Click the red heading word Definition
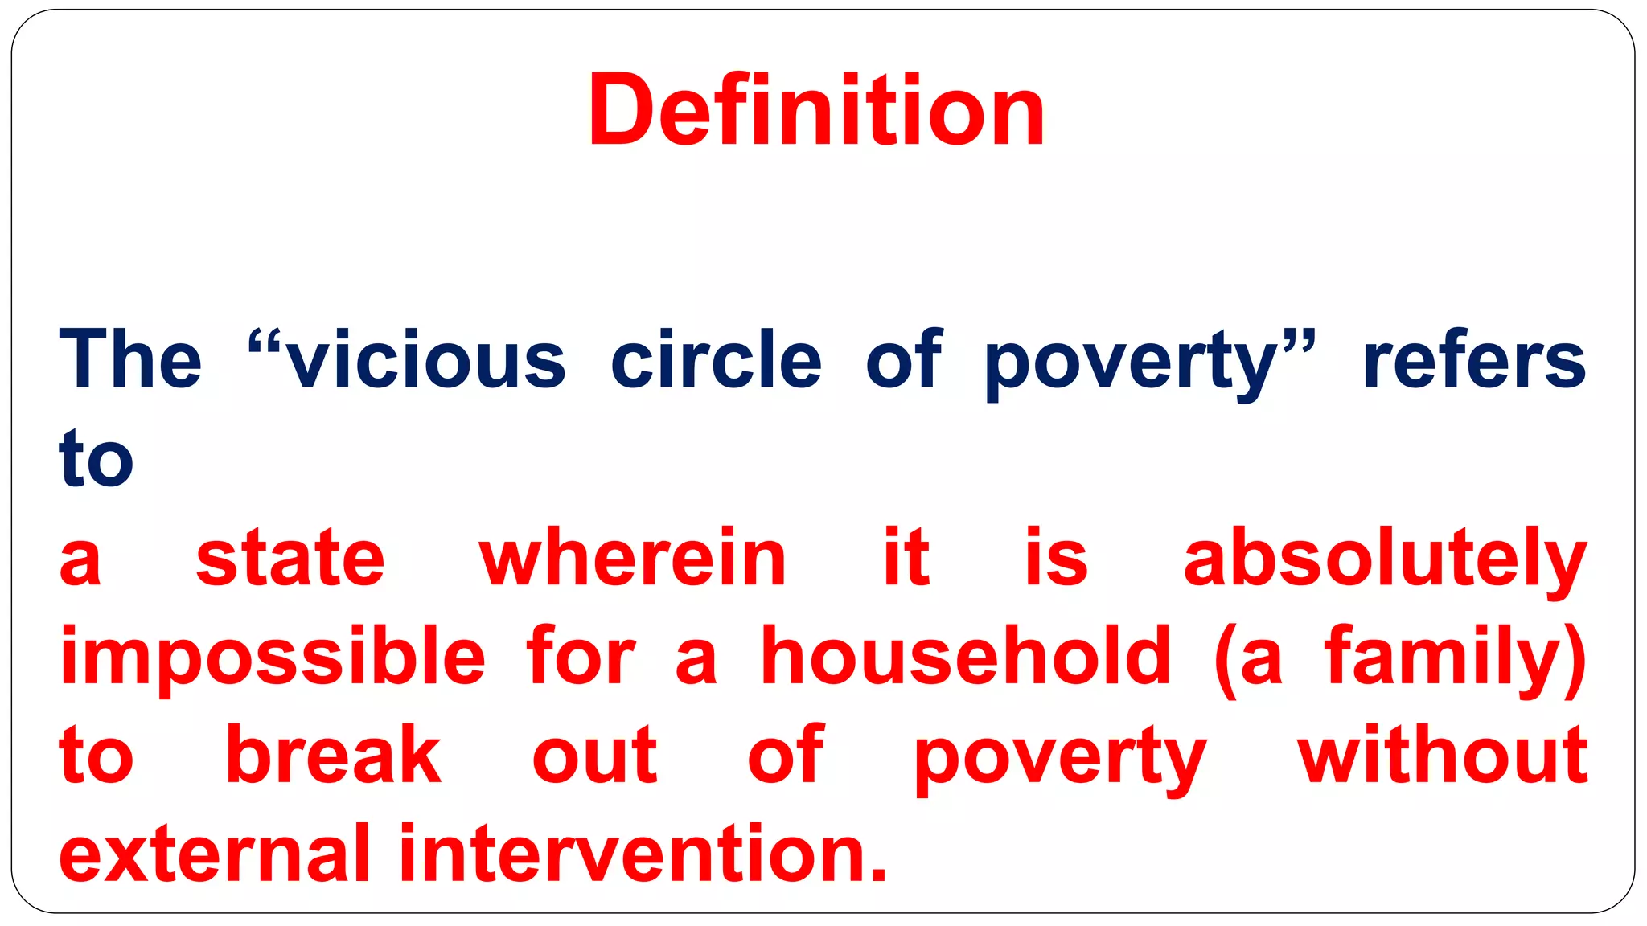[816, 110]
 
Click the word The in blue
[130, 359]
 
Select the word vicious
[426, 361]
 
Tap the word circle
[716, 359]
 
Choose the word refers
[1474, 361]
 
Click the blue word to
[96, 458]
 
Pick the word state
[290, 558]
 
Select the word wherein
[633, 558]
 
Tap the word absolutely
[1386, 559]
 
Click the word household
[966, 657]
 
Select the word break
[333, 755]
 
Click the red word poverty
[1060, 758]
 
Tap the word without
[1443, 755]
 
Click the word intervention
[643, 853]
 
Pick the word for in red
[581, 657]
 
